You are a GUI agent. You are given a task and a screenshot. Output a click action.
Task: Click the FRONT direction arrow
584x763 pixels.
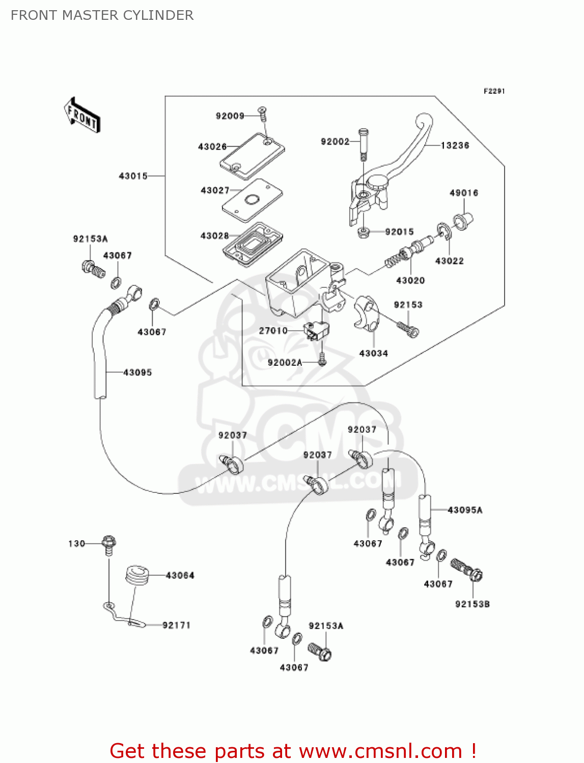coord(82,115)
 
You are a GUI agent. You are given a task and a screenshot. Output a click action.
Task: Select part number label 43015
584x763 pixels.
coord(133,176)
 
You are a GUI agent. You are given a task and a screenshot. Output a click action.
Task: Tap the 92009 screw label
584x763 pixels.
coord(230,116)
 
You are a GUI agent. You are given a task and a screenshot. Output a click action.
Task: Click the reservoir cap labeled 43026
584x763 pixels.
coord(252,156)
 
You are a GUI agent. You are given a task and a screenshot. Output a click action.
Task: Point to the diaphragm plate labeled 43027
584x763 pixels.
coord(252,200)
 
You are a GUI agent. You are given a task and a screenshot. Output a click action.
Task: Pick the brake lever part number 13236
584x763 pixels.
coord(455,145)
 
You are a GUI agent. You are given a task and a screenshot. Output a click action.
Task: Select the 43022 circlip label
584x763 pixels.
coord(449,261)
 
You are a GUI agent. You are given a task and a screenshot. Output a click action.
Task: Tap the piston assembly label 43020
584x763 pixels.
coord(410,280)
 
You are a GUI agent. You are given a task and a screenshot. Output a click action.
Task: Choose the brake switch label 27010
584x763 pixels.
coord(273,331)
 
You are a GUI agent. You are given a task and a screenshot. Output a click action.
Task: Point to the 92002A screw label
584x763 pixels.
coord(285,363)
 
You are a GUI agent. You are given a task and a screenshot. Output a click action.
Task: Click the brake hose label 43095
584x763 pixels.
coord(137,372)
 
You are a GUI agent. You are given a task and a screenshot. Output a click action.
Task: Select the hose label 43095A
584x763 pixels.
coord(465,510)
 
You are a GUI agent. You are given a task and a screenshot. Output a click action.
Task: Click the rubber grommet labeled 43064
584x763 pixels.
coord(136,575)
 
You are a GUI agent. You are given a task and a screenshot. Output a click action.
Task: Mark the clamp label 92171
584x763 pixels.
coord(176,625)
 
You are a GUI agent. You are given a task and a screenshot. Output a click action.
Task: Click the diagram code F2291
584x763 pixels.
coord(494,91)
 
